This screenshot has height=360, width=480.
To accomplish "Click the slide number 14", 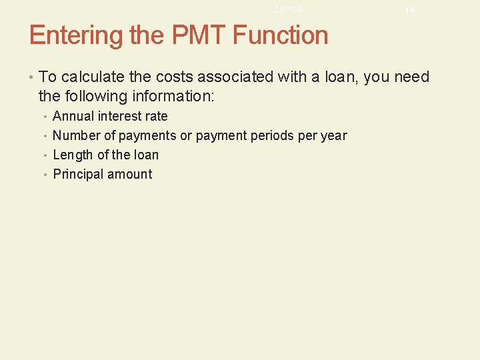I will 409,10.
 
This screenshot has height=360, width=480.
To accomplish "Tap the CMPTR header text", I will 288,9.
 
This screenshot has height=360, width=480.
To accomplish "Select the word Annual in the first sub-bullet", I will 73,116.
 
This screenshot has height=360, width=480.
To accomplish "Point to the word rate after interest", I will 156,116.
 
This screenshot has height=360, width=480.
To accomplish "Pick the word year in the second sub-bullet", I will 333,135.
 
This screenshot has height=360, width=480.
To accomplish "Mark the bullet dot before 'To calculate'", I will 32,77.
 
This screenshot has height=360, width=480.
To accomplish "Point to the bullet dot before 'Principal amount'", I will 45,175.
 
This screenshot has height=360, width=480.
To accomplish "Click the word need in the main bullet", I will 412,77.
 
